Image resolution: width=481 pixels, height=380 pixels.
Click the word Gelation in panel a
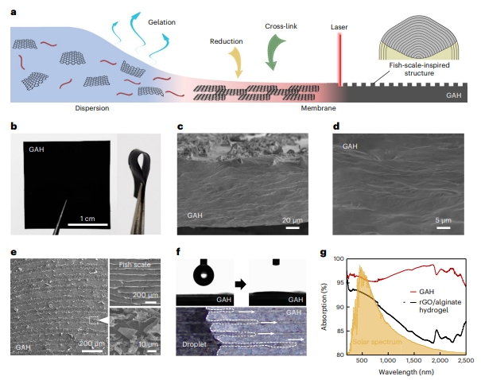pos(161,22)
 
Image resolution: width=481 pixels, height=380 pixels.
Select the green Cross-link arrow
pos(274,52)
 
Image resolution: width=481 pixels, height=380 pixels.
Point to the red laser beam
pos(339,60)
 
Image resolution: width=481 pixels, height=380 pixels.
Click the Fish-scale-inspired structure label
pos(419,69)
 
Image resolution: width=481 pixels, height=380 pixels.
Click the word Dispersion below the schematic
pos(92,108)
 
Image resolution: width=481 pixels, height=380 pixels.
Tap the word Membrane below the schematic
pos(318,108)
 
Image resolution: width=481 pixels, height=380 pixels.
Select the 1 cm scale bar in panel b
pos(87,224)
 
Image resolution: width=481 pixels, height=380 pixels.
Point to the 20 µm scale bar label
pos(292,220)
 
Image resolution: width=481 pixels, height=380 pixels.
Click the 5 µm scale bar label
pos(444,220)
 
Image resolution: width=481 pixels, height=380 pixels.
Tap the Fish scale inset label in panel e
pos(134,265)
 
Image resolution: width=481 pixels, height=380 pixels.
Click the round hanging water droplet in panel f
pos(204,275)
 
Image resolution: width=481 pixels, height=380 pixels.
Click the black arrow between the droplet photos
pos(240,284)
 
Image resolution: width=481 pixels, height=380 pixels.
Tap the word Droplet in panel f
pos(194,344)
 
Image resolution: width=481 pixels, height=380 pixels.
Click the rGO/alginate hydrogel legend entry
pos(436,306)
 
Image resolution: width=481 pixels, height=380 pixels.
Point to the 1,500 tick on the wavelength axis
pos(413,360)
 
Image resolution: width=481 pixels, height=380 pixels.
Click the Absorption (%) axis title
pos(324,307)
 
